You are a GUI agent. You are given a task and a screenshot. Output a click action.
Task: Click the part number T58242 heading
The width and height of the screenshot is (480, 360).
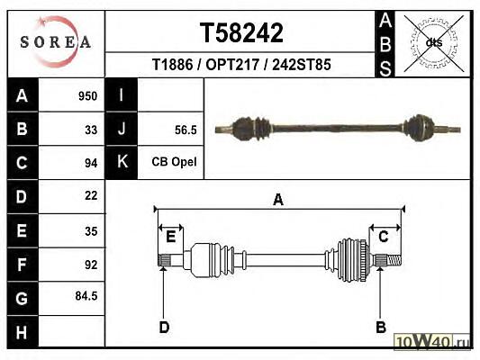(241, 32)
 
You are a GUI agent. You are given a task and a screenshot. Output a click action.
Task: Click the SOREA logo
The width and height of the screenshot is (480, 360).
(56, 41)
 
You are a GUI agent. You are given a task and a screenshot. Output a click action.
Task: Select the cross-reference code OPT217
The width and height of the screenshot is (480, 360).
(232, 65)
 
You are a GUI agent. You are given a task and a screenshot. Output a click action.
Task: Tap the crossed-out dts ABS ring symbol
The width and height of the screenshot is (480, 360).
(434, 43)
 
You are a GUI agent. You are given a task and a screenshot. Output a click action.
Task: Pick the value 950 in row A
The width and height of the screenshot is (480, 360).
(88, 96)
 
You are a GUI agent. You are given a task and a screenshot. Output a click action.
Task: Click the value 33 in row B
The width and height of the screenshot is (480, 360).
(91, 130)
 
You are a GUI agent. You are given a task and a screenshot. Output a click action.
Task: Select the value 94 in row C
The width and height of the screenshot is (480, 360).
(91, 163)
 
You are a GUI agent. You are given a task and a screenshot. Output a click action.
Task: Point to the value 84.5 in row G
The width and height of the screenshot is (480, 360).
(86, 296)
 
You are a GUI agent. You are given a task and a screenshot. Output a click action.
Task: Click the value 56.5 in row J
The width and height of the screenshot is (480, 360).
(186, 130)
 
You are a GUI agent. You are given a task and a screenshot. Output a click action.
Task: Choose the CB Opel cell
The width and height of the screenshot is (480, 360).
(174, 162)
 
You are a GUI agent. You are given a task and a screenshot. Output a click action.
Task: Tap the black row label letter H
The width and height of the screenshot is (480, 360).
(22, 332)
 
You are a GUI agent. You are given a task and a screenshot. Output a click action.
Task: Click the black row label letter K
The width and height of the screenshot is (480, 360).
(122, 161)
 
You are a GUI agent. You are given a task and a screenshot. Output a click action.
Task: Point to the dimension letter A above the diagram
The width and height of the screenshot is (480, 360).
(278, 200)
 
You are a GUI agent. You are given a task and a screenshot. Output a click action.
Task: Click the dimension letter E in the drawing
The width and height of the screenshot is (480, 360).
(170, 237)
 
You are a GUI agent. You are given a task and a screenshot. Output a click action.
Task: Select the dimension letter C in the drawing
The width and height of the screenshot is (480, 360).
(384, 237)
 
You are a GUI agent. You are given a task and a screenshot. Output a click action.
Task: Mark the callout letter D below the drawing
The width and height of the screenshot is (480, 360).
(164, 328)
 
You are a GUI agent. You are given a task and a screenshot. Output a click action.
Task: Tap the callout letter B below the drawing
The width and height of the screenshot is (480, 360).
(381, 328)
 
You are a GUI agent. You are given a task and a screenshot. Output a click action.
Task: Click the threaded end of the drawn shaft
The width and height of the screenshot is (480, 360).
(394, 260)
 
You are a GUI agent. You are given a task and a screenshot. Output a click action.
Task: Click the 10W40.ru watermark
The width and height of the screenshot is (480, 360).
(431, 341)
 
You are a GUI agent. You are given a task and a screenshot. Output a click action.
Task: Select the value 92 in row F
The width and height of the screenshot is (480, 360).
(91, 265)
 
